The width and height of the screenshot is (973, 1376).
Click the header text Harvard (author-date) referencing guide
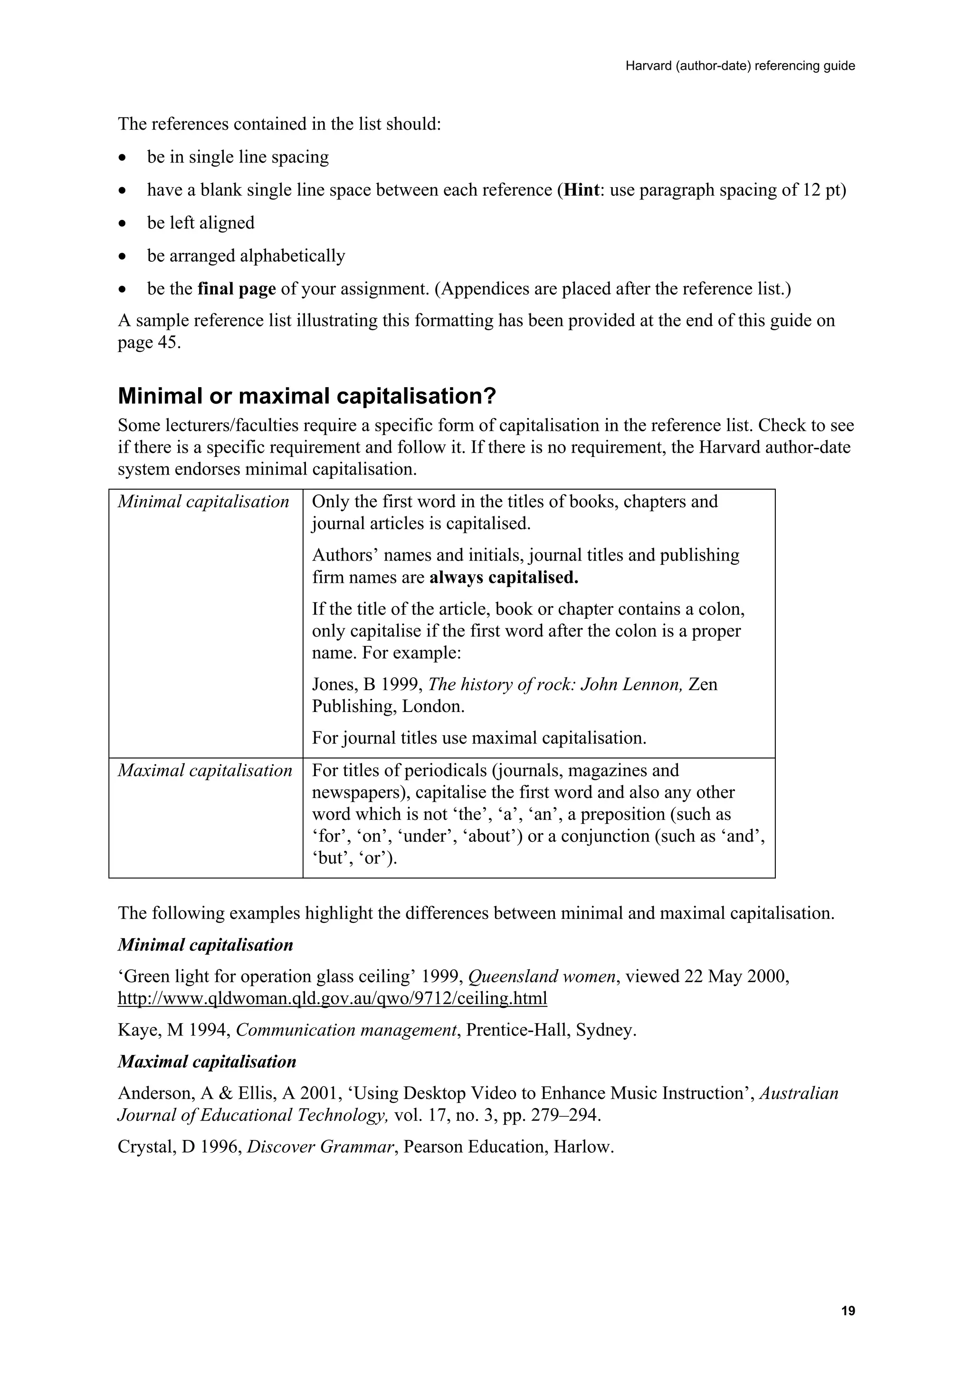pos(740,66)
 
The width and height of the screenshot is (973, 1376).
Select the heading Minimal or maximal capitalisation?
pos(307,396)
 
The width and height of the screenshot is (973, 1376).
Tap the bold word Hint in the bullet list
pos(582,190)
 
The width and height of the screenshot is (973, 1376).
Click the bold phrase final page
pos(236,289)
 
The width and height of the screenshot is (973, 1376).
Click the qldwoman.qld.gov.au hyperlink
pos(332,998)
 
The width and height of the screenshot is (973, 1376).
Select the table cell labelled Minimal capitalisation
pos(203,502)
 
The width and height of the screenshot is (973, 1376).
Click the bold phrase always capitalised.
pos(504,578)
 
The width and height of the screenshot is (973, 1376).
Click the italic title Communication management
pos(346,1030)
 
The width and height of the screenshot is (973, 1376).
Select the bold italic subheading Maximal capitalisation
pos(206,1062)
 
